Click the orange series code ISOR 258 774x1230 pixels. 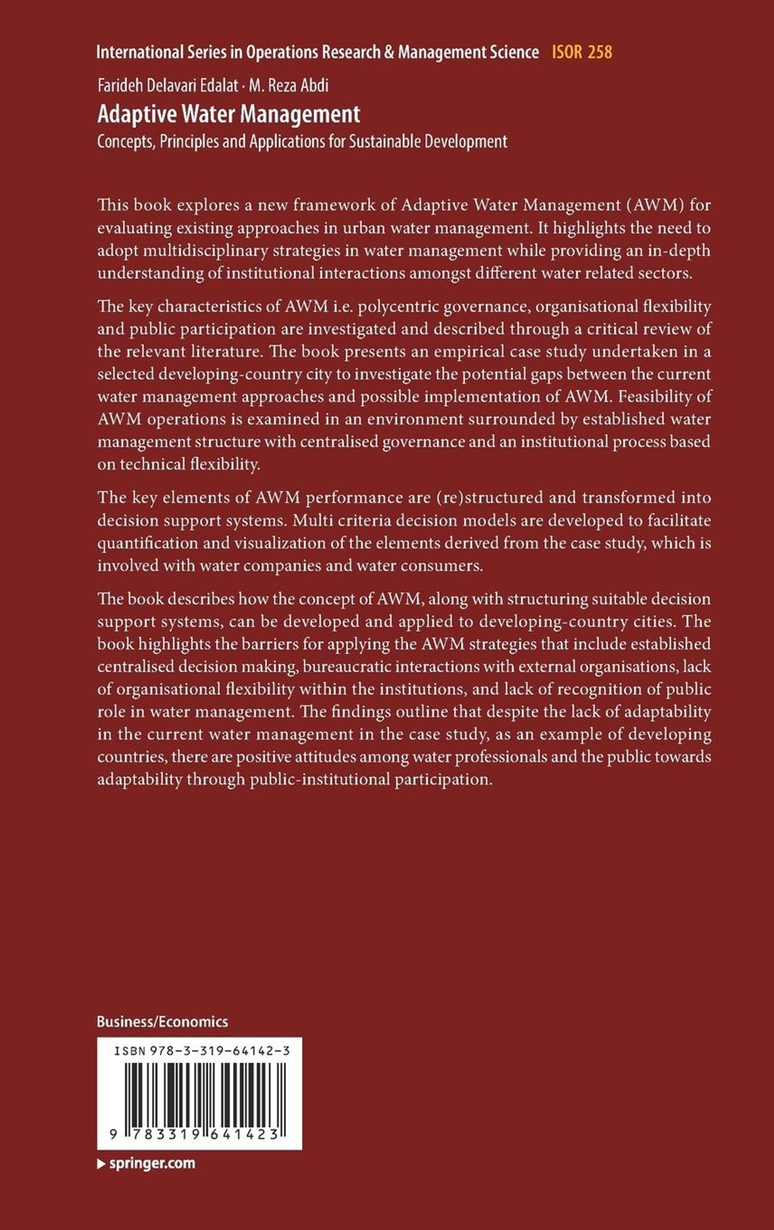(581, 52)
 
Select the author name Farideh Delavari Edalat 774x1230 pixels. (167, 85)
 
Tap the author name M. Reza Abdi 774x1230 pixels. (288, 85)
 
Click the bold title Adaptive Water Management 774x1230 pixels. (229, 115)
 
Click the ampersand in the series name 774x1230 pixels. (390, 52)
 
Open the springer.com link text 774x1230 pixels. (152, 1163)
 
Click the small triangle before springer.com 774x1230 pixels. (101, 1164)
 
